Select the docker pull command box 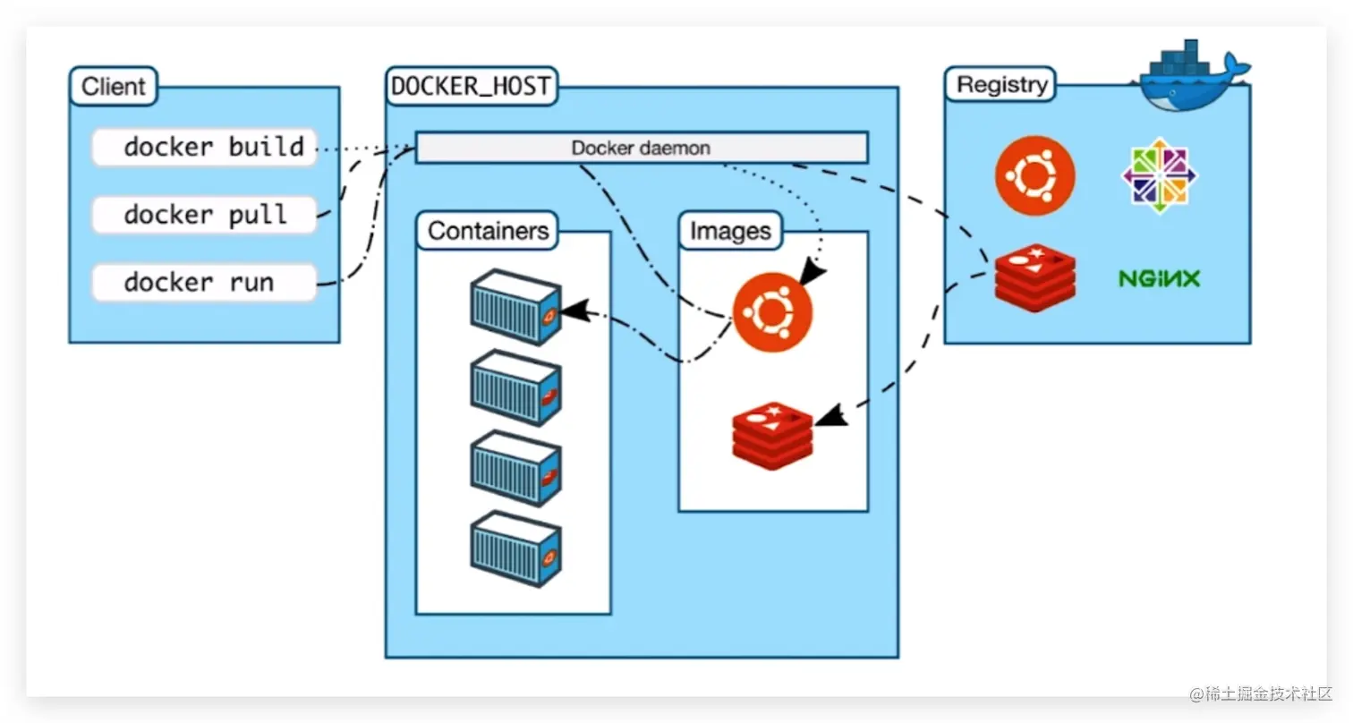(x=205, y=216)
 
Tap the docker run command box (x=205, y=284)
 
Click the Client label (x=113, y=87)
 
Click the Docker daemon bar (x=641, y=148)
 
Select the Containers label (x=488, y=231)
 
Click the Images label (x=730, y=232)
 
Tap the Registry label (x=1001, y=85)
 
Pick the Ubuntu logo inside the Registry (x=1034, y=175)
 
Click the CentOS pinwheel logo (x=1159, y=175)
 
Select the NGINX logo (x=1159, y=279)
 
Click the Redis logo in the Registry (x=1034, y=277)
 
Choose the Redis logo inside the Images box (x=772, y=436)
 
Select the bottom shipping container (x=515, y=548)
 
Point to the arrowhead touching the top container (x=577, y=310)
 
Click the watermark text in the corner (x=1260, y=693)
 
